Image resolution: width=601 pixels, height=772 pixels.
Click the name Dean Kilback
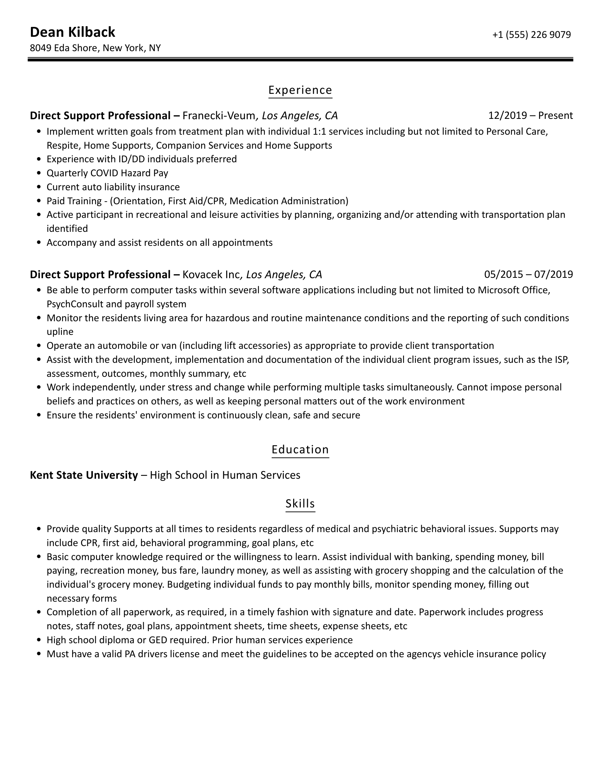(72, 32)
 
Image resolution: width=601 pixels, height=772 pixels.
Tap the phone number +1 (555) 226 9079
(531, 35)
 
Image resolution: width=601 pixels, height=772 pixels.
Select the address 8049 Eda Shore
(63, 48)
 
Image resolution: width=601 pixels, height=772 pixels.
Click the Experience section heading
(300, 90)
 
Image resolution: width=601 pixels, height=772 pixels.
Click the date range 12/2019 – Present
(530, 116)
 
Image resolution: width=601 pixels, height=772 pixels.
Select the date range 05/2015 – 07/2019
(528, 275)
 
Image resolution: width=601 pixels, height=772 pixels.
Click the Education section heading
(300, 450)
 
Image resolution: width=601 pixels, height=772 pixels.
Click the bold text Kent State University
(84, 475)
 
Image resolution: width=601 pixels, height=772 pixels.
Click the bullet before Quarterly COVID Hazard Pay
(39, 173)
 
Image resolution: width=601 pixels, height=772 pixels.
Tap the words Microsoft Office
(514, 290)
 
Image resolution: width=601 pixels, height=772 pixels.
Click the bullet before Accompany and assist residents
(39, 243)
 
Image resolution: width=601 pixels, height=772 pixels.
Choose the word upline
(60, 332)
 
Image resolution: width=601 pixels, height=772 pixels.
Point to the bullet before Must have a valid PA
(39, 654)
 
